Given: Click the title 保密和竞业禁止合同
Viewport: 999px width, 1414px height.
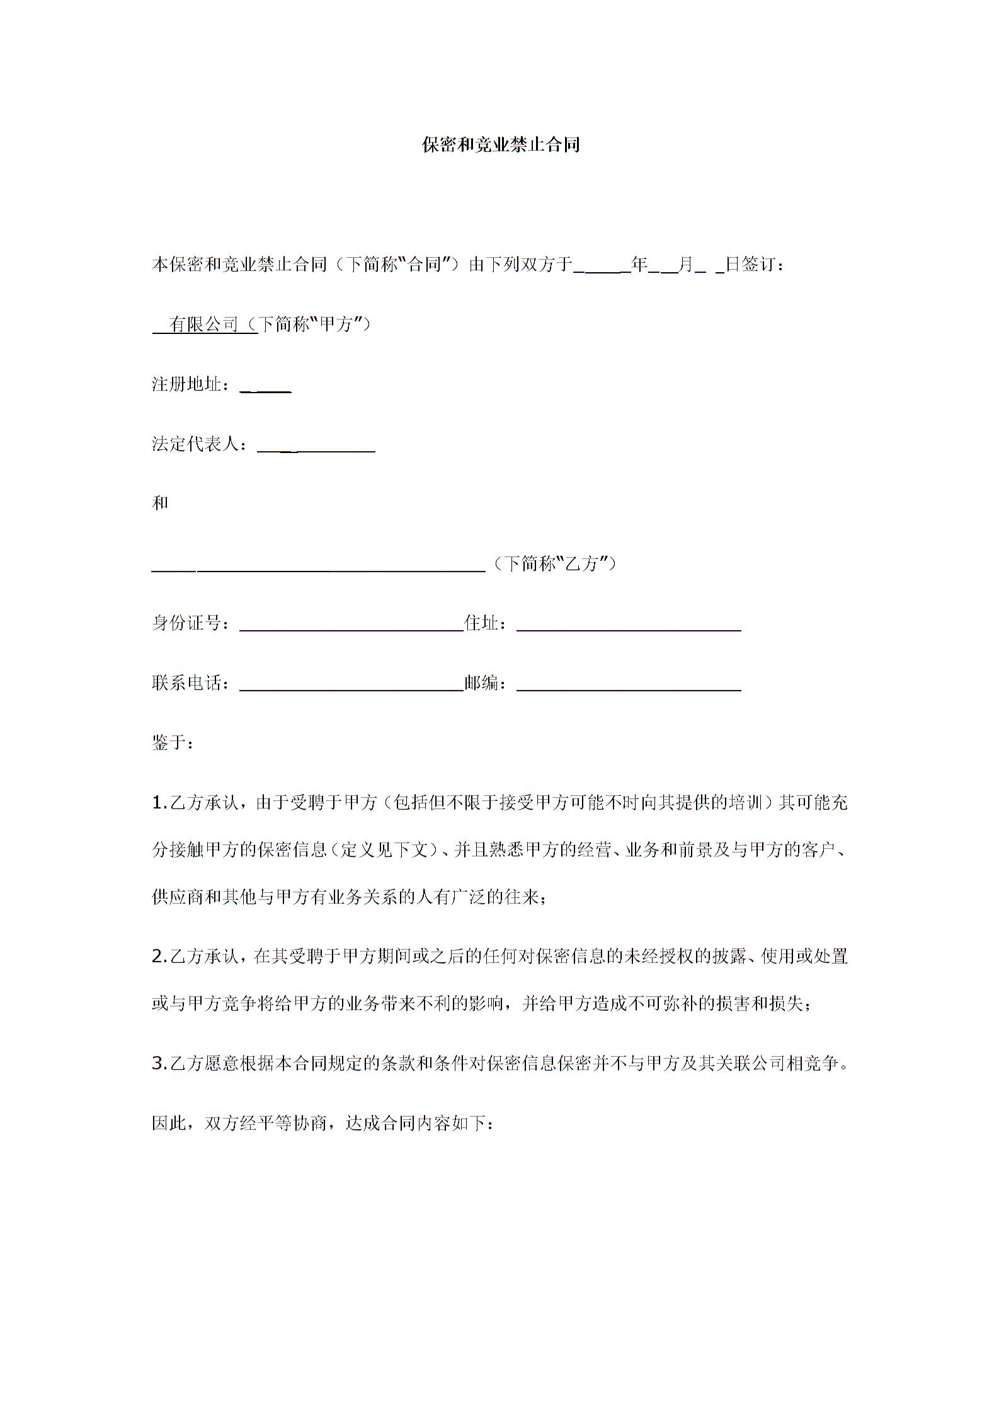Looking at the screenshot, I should [500, 146].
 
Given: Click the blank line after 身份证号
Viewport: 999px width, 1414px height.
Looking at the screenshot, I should [351, 626].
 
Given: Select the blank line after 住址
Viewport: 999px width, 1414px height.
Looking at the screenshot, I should [628, 626].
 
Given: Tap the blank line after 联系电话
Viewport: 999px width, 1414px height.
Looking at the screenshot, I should [351, 686].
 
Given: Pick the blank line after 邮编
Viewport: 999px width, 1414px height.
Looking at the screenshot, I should [628, 686].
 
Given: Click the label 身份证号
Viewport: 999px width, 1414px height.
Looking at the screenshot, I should [186, 623].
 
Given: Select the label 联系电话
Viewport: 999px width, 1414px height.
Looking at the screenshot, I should [186, 683].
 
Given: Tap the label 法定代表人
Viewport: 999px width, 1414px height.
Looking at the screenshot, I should [195, 444].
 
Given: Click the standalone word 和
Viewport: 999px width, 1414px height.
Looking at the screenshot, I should [160, 503].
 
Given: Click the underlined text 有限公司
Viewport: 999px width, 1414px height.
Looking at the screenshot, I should [204, 325].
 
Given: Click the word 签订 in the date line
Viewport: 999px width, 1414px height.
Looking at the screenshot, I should [758, 265].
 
